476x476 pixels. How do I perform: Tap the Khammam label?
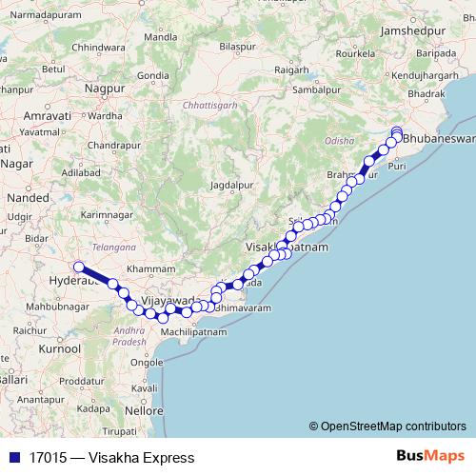159,270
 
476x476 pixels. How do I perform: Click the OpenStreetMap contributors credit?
387,426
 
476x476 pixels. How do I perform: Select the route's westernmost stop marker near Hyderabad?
80,268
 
